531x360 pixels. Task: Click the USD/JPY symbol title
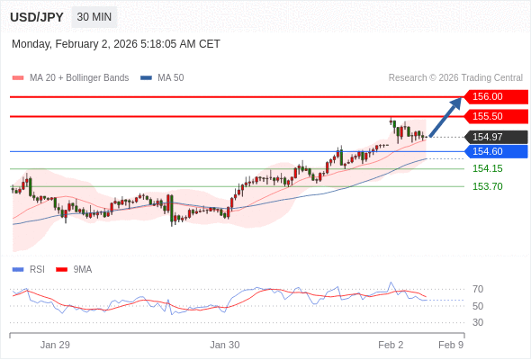(x=36, y=17)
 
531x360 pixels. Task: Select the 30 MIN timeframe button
(x=94, y=17)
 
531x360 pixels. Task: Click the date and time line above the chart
(x=116, y=44)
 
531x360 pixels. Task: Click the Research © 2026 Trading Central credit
(x=455, y=78)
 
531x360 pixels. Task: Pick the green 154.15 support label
(x=487, y=168)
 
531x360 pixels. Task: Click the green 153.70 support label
(x=487, y=186)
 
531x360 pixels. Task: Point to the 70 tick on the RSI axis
(x=478, y=289)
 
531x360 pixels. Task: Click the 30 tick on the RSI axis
(x=478, y=322)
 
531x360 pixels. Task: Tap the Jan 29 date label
(x=55, y=345)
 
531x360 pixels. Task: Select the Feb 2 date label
(x=391, y=345)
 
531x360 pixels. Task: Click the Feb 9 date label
(x=451, y=345)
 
